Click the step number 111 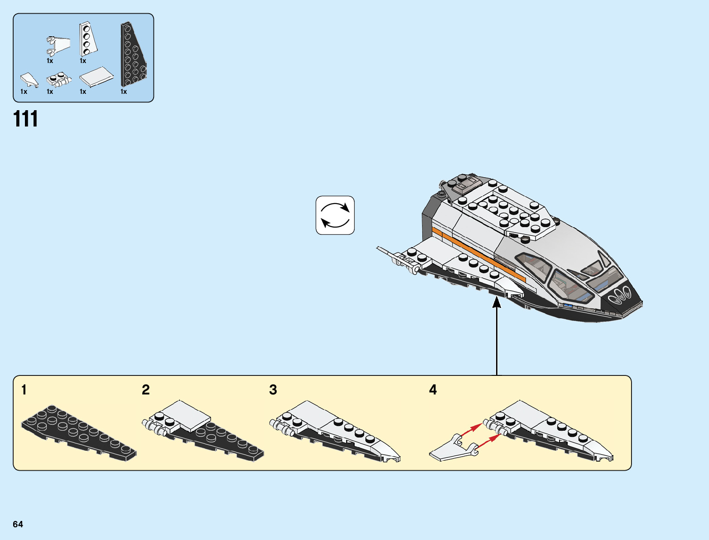(x=26, y=119)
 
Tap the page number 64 (x=18, y=524)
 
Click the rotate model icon (x=335, y=215)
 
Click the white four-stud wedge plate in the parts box (x=87, y=39)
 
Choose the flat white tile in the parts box (x=96, y=77)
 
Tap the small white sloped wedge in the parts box (x=29, y=80)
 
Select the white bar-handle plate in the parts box (x=59, y=80)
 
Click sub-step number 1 (x=24, y=390)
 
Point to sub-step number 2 (x=145, y=390)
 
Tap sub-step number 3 (x=273, y=390)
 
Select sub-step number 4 (x=433, y=390)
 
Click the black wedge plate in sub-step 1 (x=77, y=433)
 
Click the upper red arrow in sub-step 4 (x=471, y=428)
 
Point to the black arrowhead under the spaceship (x=497, y=302)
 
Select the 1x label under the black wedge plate (x=124, y=92)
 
